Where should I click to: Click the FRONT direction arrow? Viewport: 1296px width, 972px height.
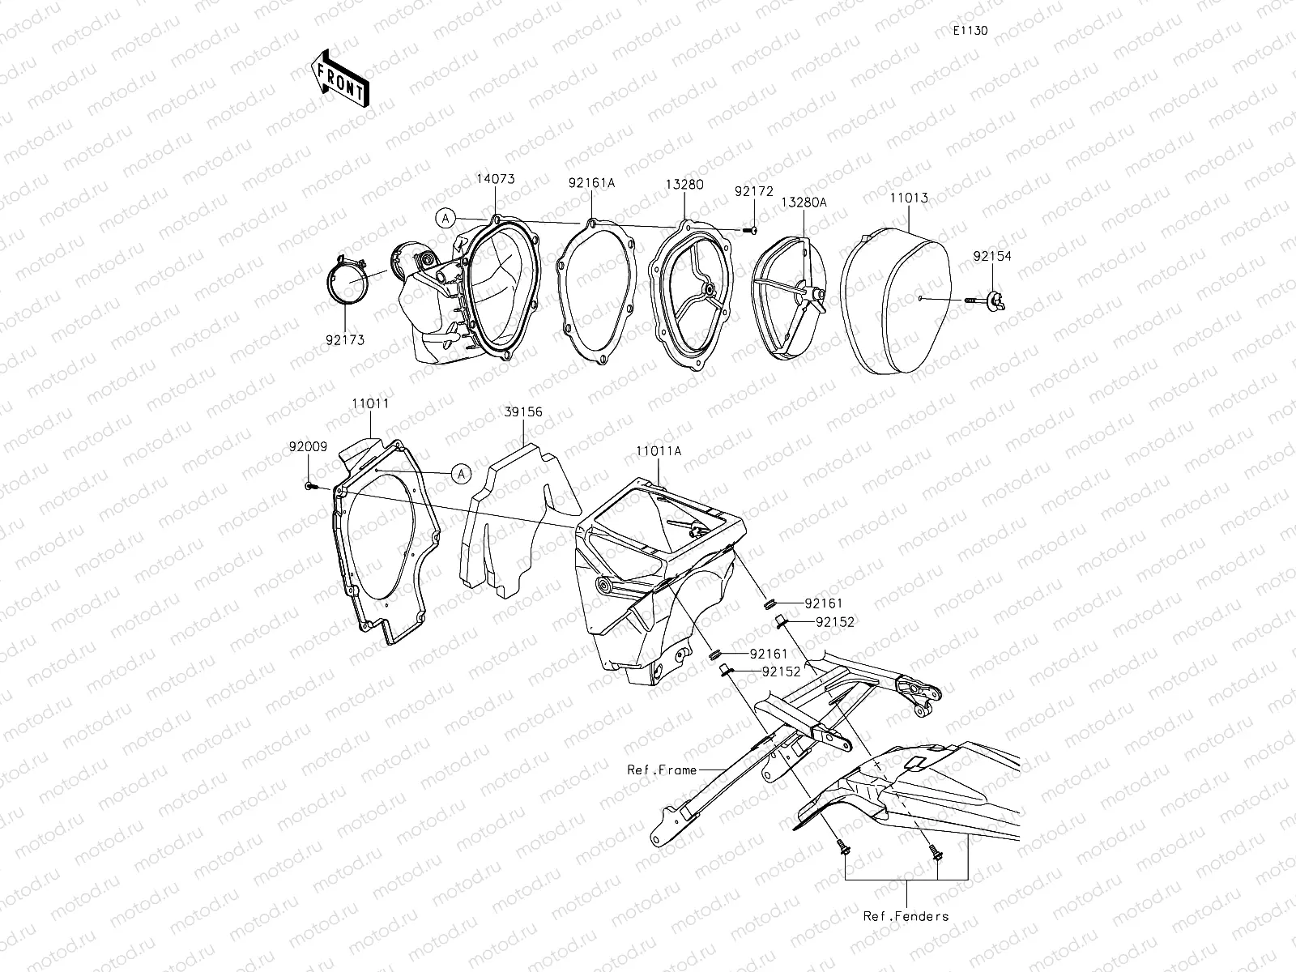[340, 79]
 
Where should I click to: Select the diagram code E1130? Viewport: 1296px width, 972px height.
[970, 31]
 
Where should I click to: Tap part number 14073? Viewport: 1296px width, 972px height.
[496, 179]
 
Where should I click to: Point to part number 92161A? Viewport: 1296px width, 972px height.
[591, 183]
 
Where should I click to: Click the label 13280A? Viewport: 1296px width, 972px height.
[804, 202]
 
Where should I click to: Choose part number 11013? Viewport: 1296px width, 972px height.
[910, 198]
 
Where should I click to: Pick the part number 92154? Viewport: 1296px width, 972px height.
[992, 256]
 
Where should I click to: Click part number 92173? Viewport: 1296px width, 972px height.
[345, 340]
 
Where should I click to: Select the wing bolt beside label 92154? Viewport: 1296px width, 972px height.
[987, 301]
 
